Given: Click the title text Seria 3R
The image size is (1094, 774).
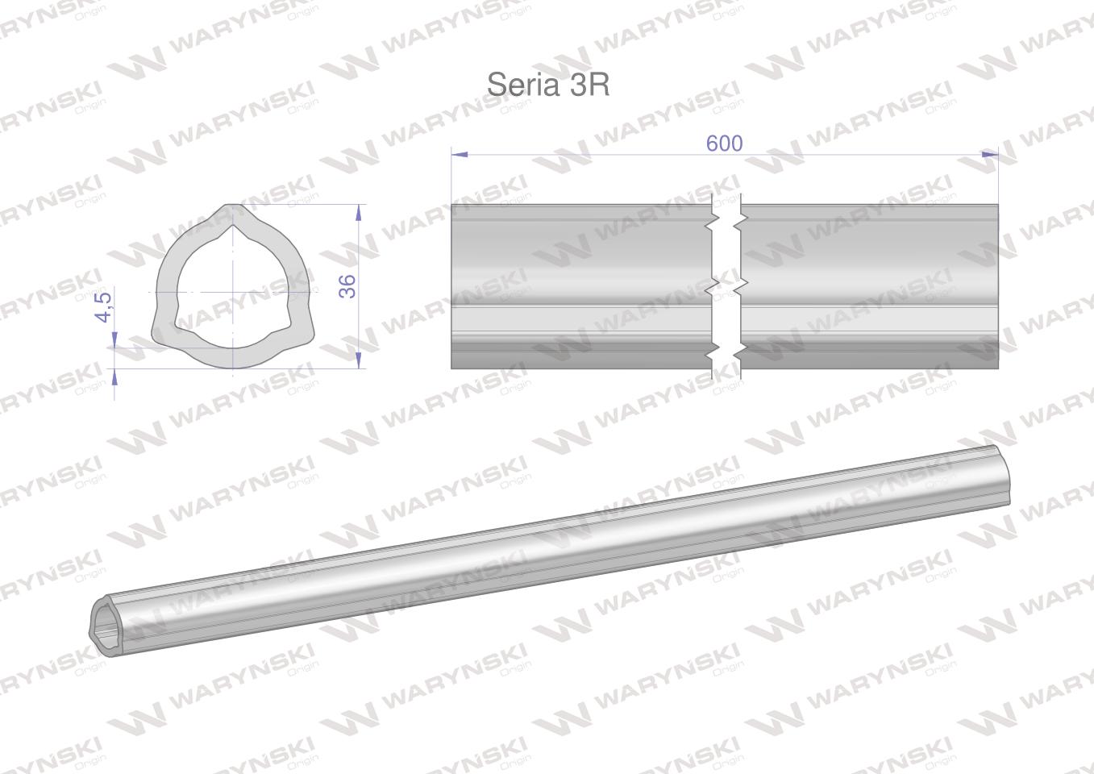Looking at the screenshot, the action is click(548, 85).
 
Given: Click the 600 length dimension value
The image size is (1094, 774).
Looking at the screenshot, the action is click(724, 143).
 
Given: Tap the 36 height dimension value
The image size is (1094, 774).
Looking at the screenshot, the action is click(347, 286).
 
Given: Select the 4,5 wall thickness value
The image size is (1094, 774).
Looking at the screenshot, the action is click(103, 308).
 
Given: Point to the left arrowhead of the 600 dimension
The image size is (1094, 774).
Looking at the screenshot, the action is click(459, 154).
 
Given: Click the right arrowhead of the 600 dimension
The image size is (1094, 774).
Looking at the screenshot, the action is click(990, 154).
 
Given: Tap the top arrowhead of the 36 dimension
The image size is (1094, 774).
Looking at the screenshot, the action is click(359, 212).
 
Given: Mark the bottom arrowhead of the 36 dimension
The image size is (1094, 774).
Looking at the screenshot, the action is click(359, 360).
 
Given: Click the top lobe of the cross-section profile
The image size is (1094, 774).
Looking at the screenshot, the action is click(234, 214).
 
